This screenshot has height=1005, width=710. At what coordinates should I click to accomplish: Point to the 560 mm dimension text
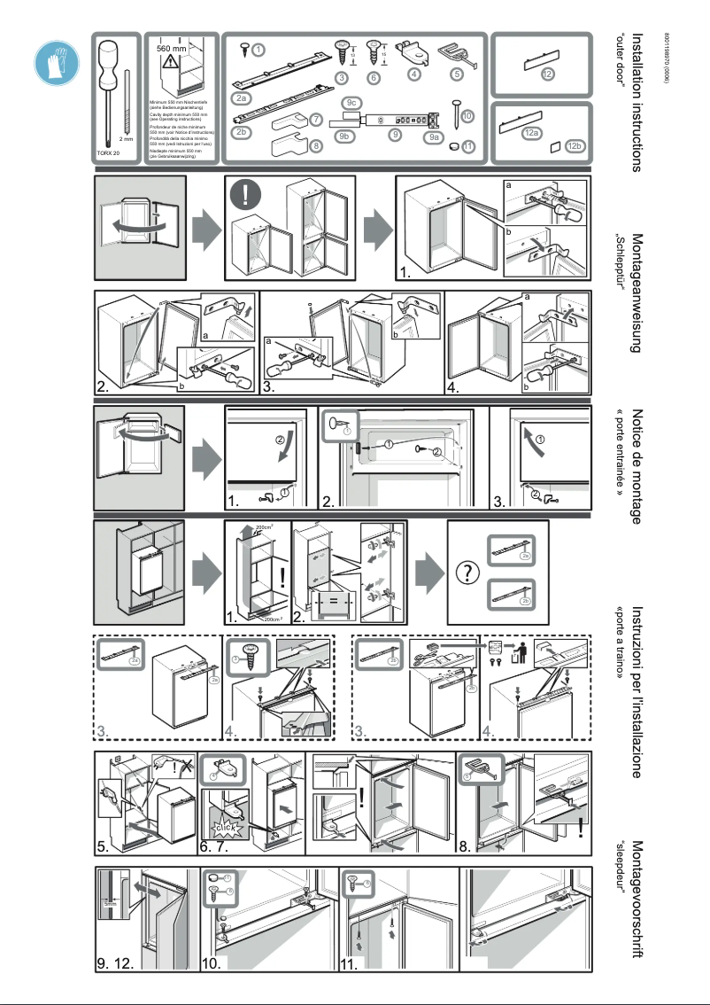click(x=176, y=48)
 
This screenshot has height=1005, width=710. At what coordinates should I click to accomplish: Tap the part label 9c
click(x=351, y=104)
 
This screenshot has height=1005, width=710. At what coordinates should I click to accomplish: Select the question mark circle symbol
click(x=467, y=573)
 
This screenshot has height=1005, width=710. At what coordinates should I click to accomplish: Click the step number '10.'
click(x=214, y=962)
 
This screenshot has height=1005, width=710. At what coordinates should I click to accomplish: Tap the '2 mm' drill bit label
click(x=127, y=139)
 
